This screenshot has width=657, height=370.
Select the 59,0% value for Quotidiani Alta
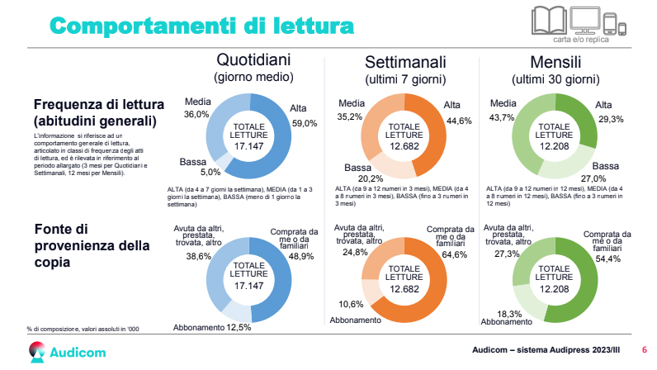tap(304, 123)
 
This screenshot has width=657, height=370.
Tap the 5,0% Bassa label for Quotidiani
tap(187, 173)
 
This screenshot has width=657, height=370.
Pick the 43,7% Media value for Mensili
tap(502, 117)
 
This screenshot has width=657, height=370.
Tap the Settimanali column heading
tap(405, 63)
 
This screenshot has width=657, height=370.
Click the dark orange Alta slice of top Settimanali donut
tap(431, 140)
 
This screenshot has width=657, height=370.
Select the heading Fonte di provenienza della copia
tap(92, 245)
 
